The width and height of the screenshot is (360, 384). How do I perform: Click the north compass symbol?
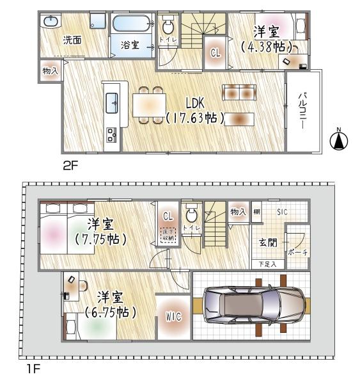(340, 140)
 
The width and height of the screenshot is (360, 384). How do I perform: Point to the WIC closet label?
(173, 316)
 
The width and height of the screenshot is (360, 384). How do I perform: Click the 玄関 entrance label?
(267, 243)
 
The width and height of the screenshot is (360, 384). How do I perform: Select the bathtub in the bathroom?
(132, 24)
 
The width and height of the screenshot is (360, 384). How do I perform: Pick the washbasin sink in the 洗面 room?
(51, 21)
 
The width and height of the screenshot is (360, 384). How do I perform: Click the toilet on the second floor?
(169, 27)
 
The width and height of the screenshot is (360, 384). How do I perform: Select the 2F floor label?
(70, 165)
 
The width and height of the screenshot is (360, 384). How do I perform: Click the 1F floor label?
(31, 369)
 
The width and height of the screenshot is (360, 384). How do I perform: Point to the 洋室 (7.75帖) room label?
(101, 232)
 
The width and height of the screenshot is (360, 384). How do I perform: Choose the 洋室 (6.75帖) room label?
(111, 305)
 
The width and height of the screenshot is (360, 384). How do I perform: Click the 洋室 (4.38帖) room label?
(265, 38)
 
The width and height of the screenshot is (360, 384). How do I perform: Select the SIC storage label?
(282, 212)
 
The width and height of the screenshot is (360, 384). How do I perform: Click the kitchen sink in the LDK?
(112, 100)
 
